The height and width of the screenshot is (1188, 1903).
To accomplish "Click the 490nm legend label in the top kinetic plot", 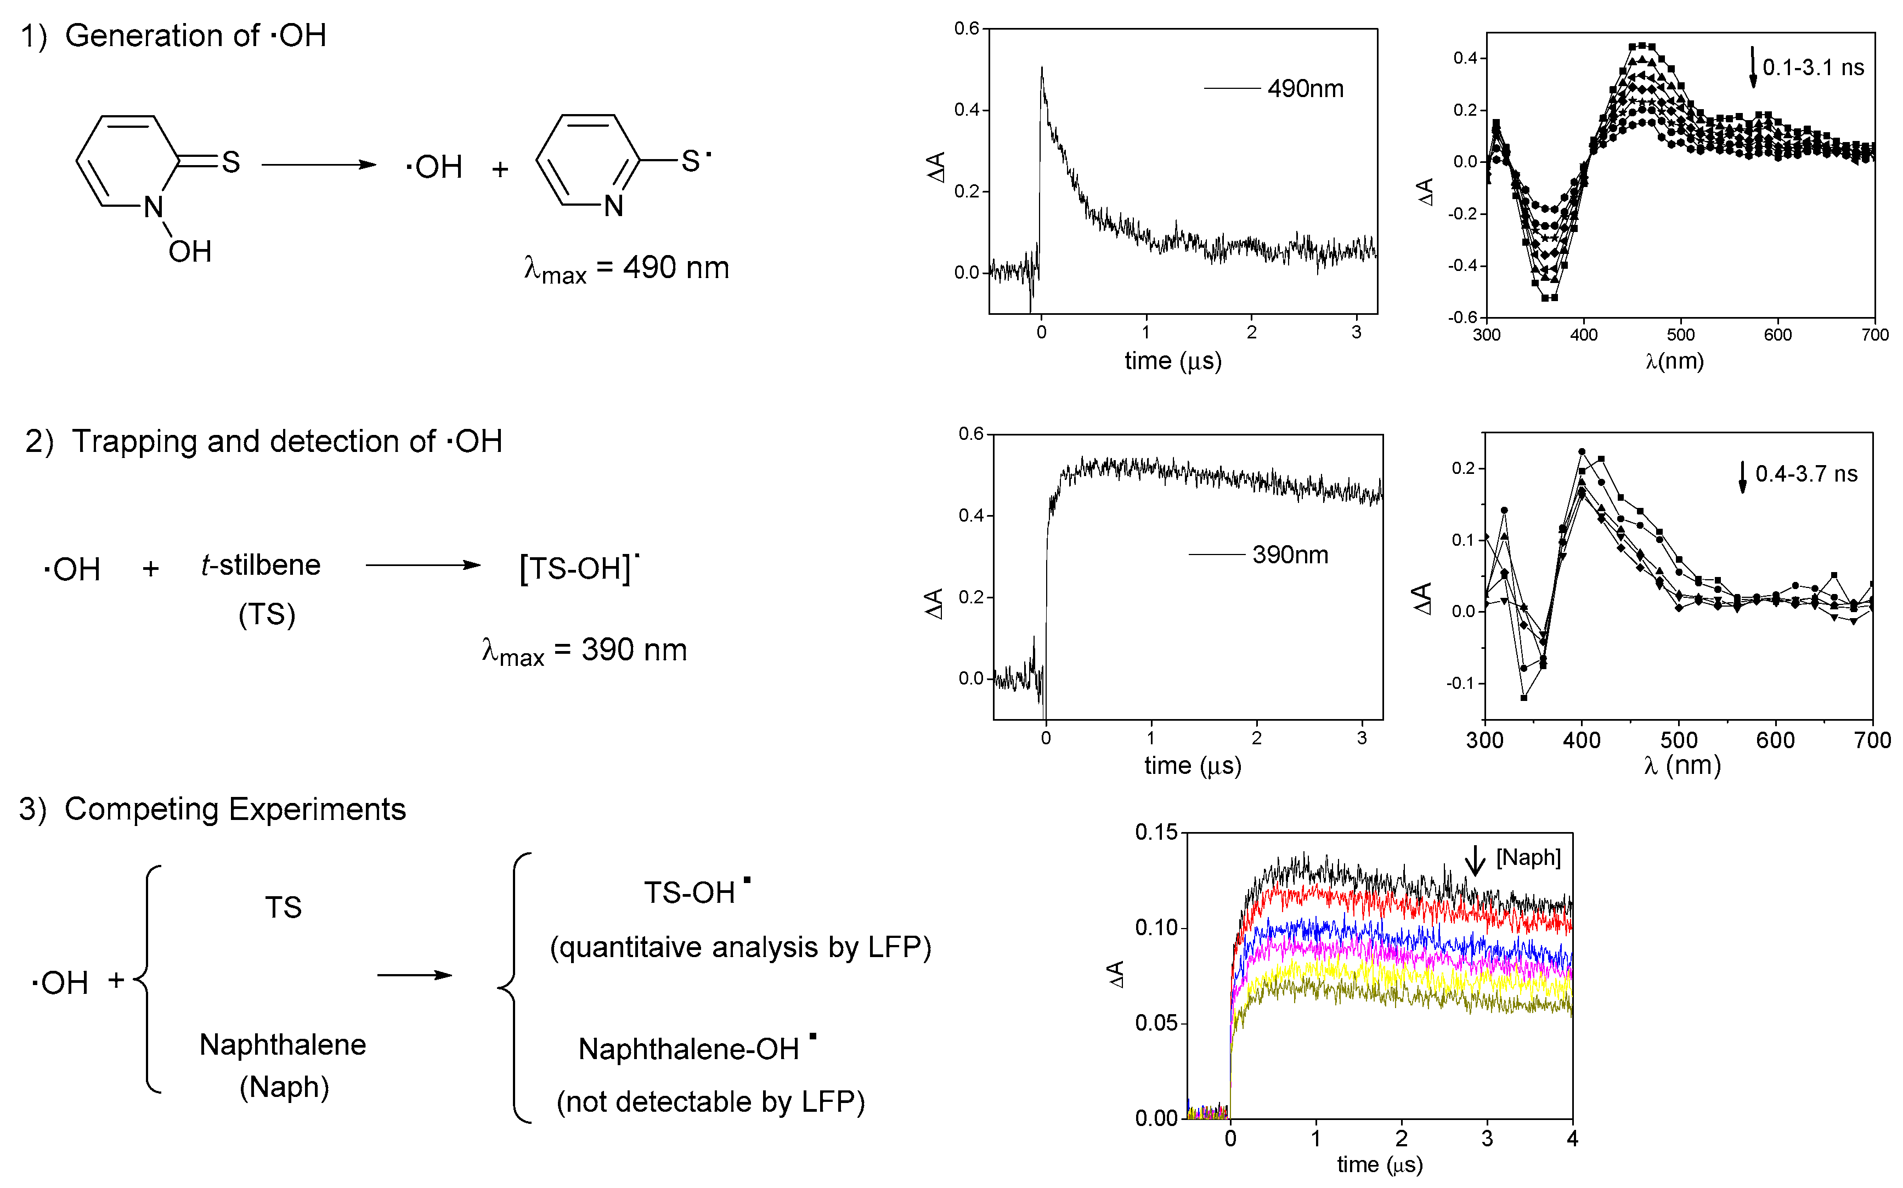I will click(x=1305, y=89).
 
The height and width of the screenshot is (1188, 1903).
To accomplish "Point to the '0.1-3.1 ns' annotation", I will click(x=1812, y=67).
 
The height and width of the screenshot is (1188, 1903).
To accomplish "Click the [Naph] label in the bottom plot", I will click(x=1528, y=857).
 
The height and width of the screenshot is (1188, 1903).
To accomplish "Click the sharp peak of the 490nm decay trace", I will click(x=1042, y=69).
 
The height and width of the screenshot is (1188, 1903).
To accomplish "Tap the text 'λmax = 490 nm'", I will click(x=626, y=269).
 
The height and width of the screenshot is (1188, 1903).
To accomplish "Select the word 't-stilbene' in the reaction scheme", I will click(x=261, y=565).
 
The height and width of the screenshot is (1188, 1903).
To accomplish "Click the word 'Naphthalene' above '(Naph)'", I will click(x=283, y=1045).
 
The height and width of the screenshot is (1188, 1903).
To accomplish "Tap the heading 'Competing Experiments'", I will click(x=235, y=810).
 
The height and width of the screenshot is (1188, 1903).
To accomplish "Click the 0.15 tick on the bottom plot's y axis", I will click(x=1156, y=832).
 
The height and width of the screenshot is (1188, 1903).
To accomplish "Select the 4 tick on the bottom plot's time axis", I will click(x=1572, y=1138).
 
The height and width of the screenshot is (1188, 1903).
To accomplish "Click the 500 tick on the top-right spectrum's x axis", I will click(x=1681, y=335).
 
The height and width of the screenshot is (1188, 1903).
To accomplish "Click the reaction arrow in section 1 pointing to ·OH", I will click(x=318, y=164).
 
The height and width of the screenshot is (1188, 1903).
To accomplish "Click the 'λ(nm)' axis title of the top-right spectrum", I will click(x=1674, y=361).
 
